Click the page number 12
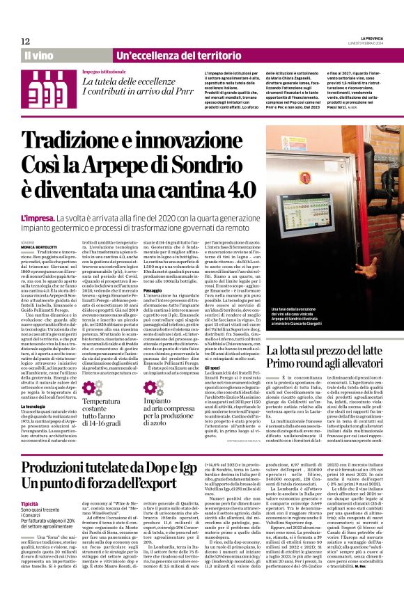click(x=25, y=42)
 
